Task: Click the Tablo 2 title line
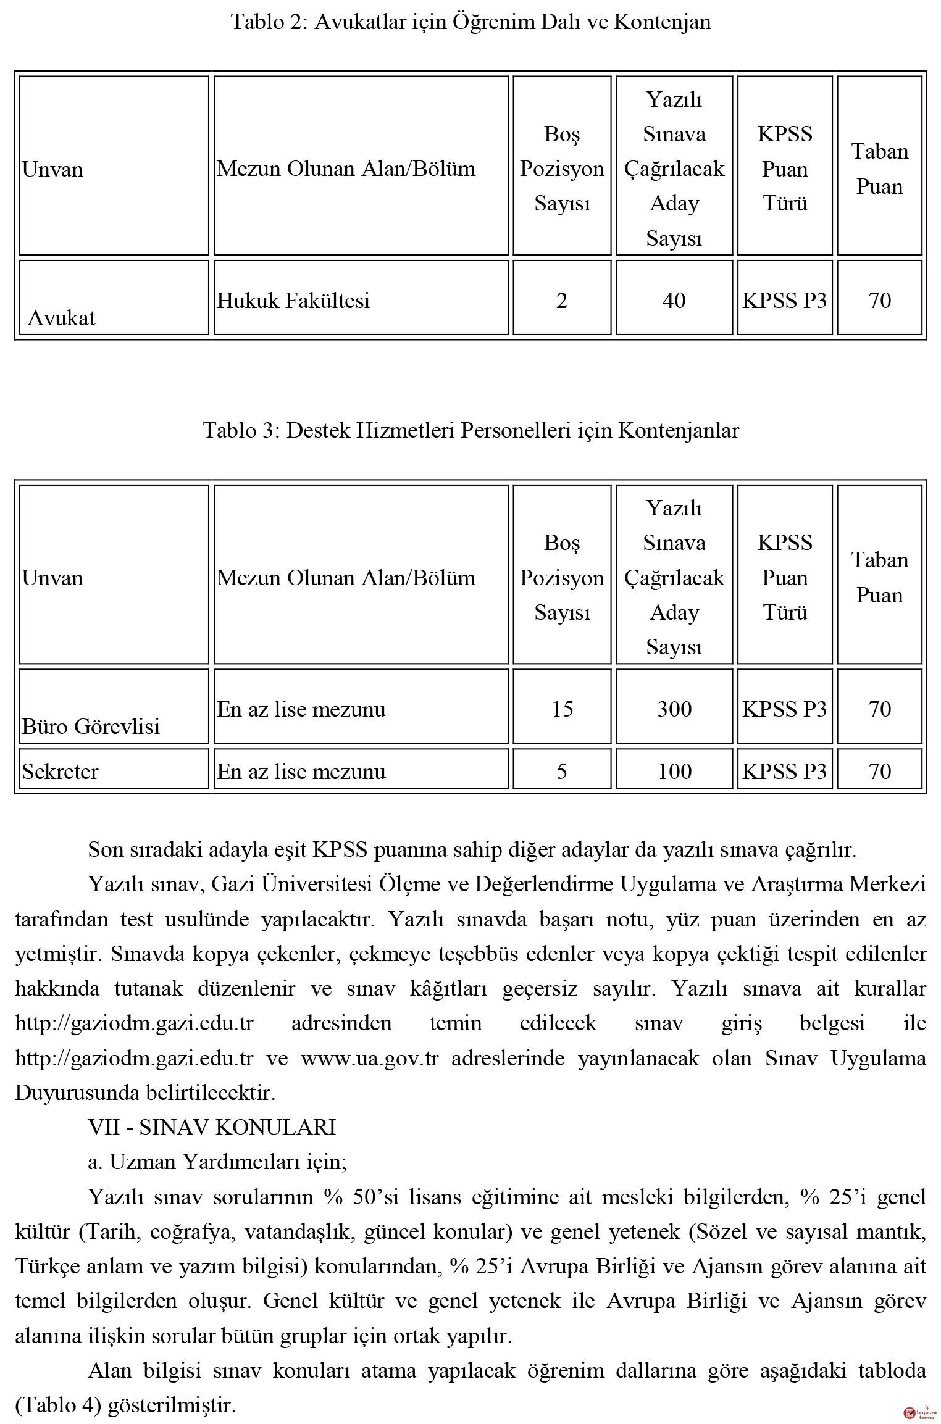pos(471,22)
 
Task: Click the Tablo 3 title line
pos(471,430)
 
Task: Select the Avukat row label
pos(62,318)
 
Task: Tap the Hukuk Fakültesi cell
pos(293,301)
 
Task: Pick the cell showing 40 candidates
pos(674,301)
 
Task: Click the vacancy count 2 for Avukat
pos(561,301)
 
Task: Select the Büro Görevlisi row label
pos(91,726)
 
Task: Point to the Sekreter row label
pos(61,772)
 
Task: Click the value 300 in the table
pos(674,709)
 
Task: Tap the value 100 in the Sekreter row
pos(674,772)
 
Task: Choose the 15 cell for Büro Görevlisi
pos(562,709)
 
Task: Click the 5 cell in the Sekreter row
pos(561,772)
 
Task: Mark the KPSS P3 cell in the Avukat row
pos(784,301)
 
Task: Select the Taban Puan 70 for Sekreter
pos(879,772)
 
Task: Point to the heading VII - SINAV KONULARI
pos(212,1127)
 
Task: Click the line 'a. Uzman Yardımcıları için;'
pos(217,1162)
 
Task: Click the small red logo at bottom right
pos(910,1412)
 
